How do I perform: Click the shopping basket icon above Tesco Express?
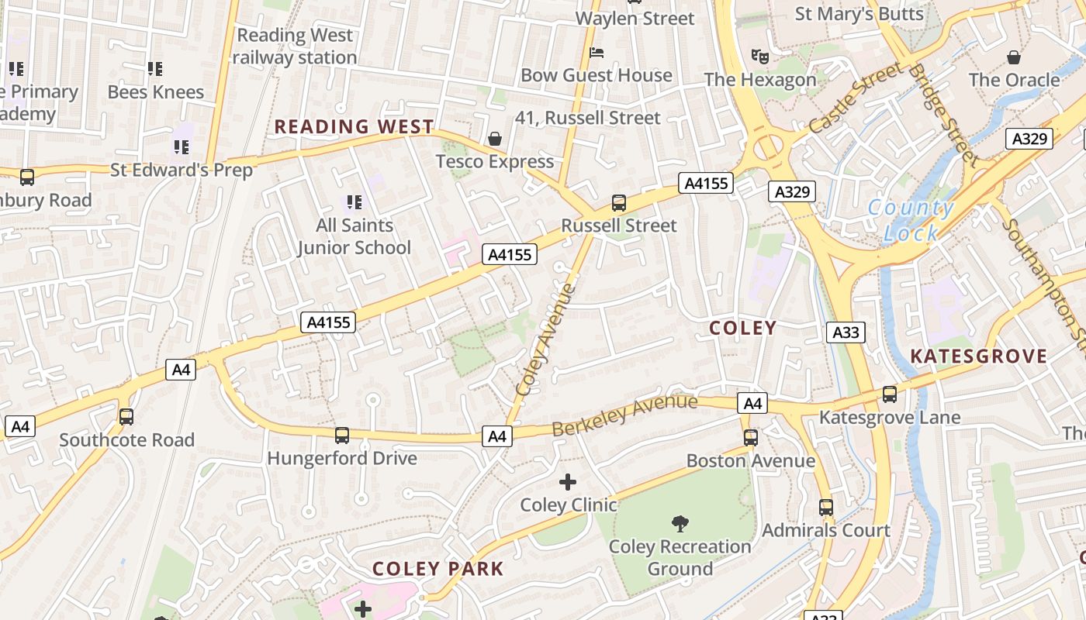point(495,139)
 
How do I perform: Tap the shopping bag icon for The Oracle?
point(1014,57)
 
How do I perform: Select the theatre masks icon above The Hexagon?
point(759,56)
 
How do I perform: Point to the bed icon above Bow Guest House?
point(597,53)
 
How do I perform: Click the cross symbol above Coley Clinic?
point(568,482)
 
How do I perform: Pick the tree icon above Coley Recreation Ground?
point(680,524)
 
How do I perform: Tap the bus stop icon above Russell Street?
point(618,203)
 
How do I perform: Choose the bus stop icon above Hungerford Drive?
point(342,436)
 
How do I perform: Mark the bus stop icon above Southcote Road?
point(126,417)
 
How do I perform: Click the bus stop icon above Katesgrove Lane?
point(890,394)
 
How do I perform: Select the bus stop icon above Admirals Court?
point(826,508)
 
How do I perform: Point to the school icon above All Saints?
point(355,203)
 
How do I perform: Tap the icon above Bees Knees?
point(155,69)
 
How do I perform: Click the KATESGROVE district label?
point(978,356)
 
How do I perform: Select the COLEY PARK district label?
point(438,569)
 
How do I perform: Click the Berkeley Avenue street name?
point(624,415)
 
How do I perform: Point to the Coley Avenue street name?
point(547,341)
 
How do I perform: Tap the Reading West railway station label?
point(295,46)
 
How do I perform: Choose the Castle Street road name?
point(856,98)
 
